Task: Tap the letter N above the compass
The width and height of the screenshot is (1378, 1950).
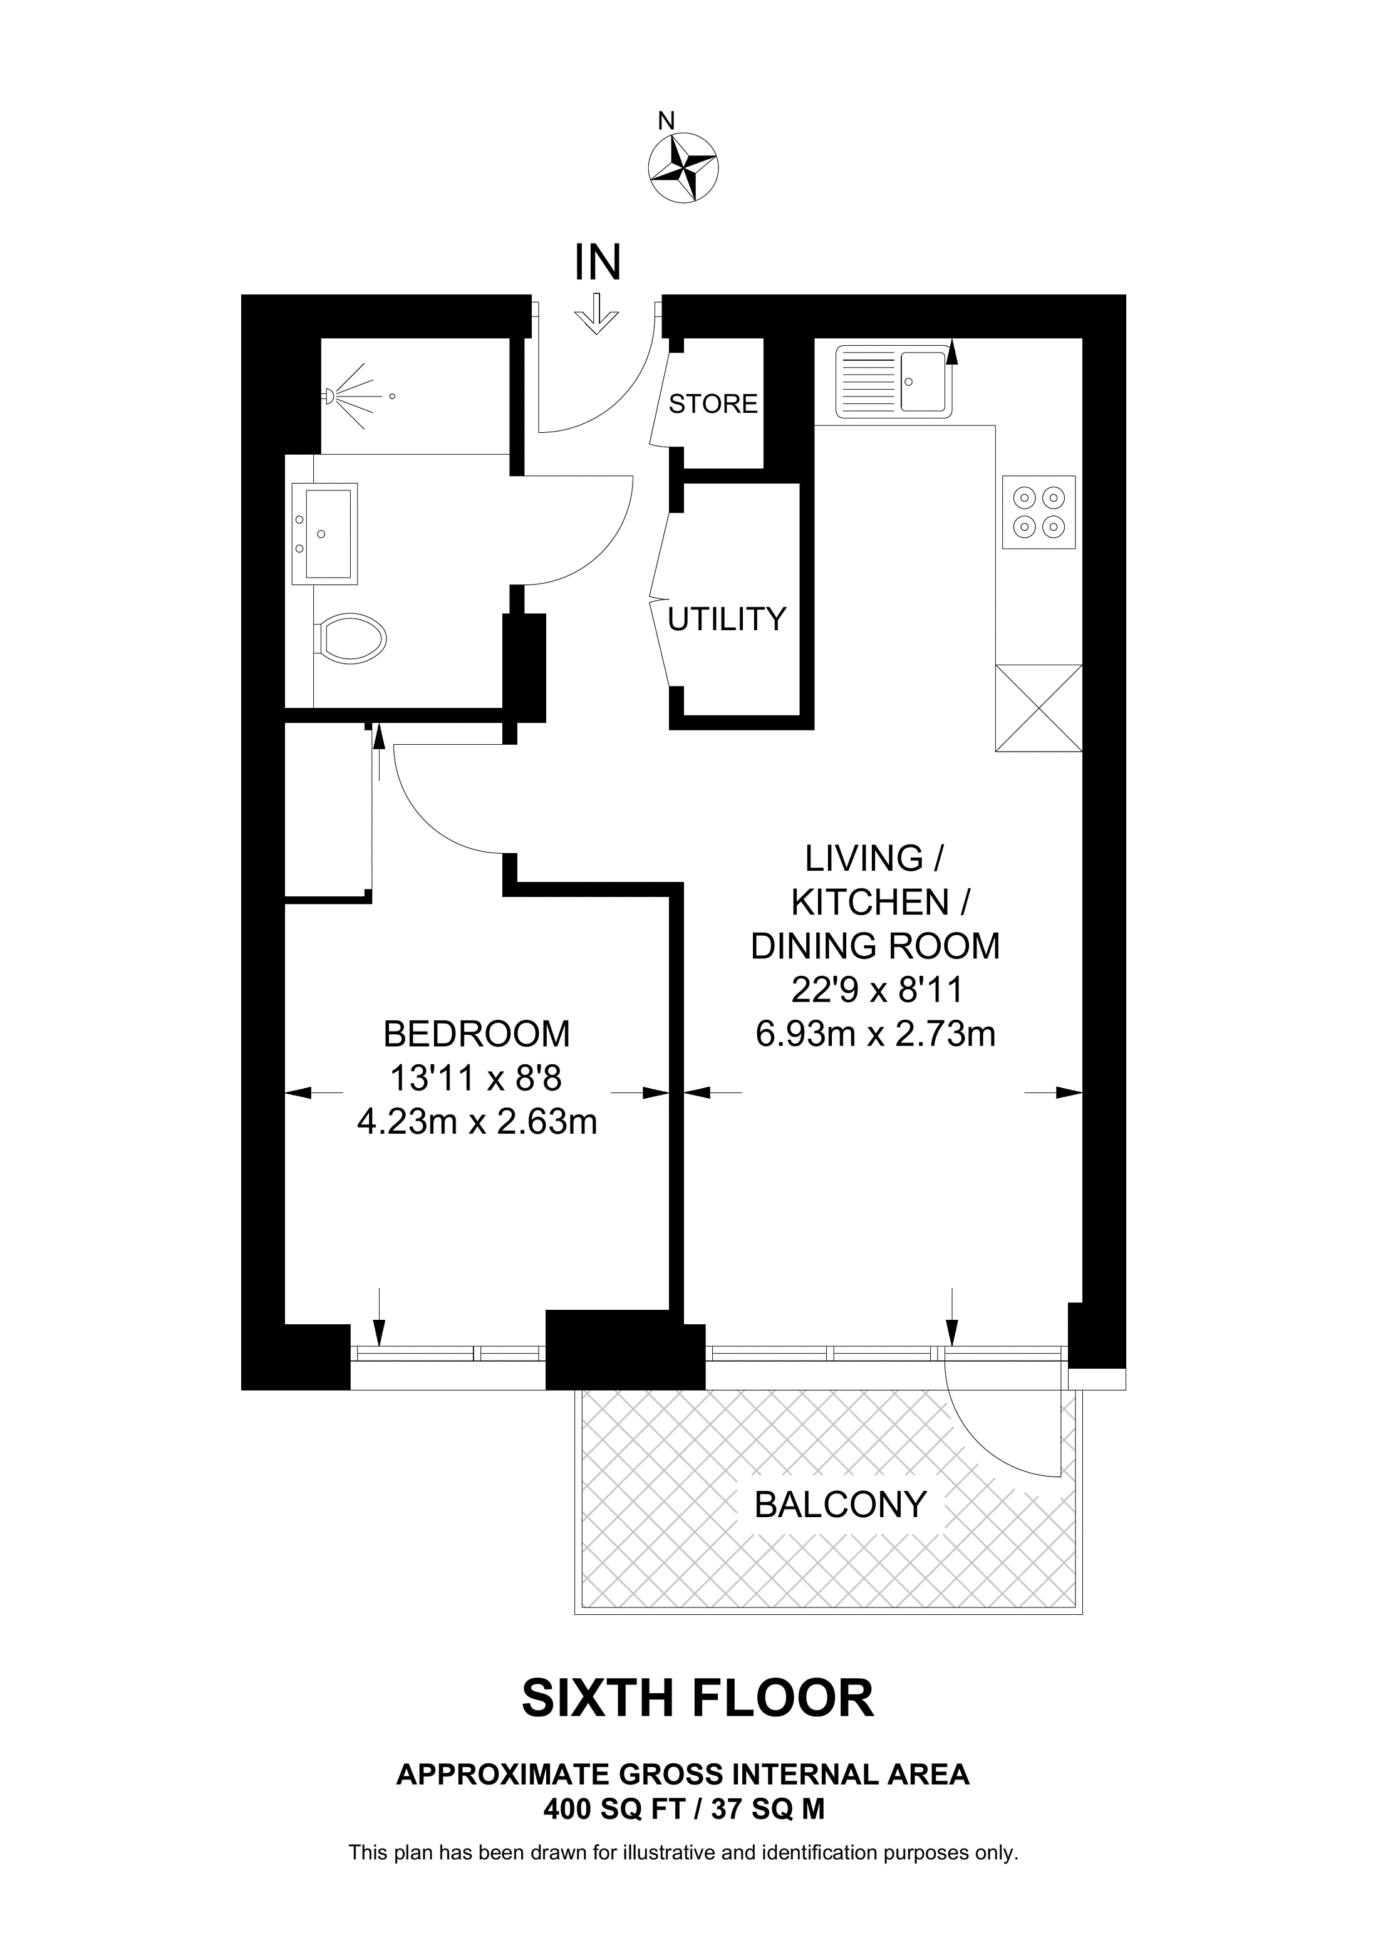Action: pos(666,121)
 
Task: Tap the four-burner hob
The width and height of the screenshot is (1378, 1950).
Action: pos(1039,512)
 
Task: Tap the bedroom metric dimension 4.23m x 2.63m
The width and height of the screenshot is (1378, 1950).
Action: pos(477,1122)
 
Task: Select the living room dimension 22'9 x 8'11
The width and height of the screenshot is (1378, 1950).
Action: pos(876,990)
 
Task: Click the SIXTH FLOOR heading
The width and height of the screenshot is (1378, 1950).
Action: pos(697,1698)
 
